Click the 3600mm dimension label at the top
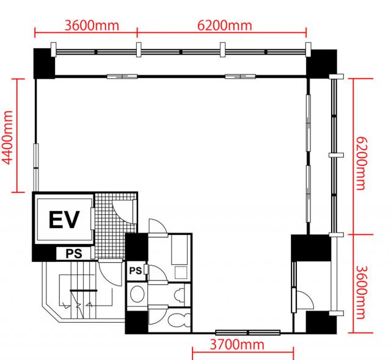click(x=92, y=26)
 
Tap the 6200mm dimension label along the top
click(x=225, y=26)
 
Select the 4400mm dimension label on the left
click(x=7, y=138)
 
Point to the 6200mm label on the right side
click(x=360, y=164)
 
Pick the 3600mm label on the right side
click(x=360, y=292)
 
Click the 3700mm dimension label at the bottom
click(x=236, y=345)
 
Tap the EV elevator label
click(x=64, y=220)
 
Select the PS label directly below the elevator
click(x=74, y=254)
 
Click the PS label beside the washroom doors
click(x=136, y=271)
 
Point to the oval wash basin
click(x=137, y=294)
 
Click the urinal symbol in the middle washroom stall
click(x=179, y=295)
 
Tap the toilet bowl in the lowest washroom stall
click(x=179, y=320)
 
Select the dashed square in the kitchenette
click(x=181, y=272)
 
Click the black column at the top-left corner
click(x=44, y=63)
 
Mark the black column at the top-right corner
click(x=322, y=64)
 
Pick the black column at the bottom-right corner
click(x=321, y=322)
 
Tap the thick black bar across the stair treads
click(x=84, y=290)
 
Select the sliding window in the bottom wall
click(x=248, y=333)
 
